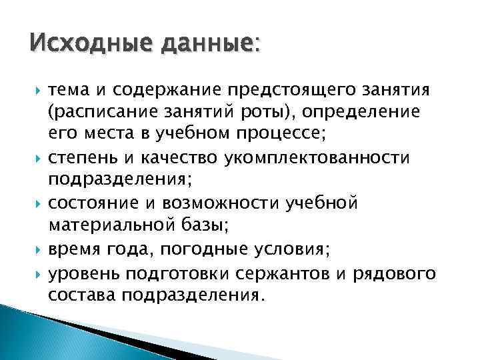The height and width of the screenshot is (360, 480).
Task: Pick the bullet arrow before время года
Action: (x=34, y=249)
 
